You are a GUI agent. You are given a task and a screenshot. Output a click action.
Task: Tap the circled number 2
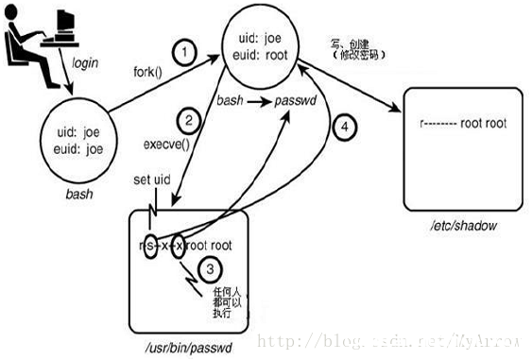189,120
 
